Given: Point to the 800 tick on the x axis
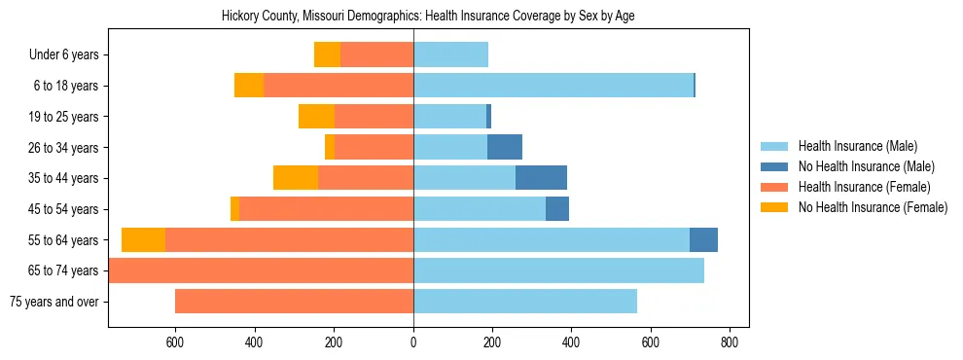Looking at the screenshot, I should (730, 342).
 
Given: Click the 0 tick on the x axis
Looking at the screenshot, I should (413, 342).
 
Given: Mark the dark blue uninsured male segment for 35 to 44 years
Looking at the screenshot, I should (541, 178).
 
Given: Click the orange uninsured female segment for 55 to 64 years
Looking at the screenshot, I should (143, 240).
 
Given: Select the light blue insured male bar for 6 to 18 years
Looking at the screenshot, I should (553, 86).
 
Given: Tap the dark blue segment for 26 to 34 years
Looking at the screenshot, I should (505, 148).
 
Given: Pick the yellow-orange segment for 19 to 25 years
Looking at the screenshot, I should (316, 117).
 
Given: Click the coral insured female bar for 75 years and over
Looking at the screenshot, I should (294, 302).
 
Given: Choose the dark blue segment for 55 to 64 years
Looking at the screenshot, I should (703, 240).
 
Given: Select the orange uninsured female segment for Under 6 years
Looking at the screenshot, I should (327, 55).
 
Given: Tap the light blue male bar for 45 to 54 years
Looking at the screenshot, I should (479, 209).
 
